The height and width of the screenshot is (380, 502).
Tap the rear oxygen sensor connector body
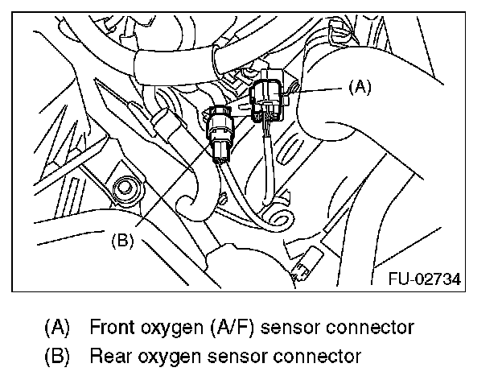(220, 132)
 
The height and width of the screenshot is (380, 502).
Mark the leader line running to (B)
(165, 193)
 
